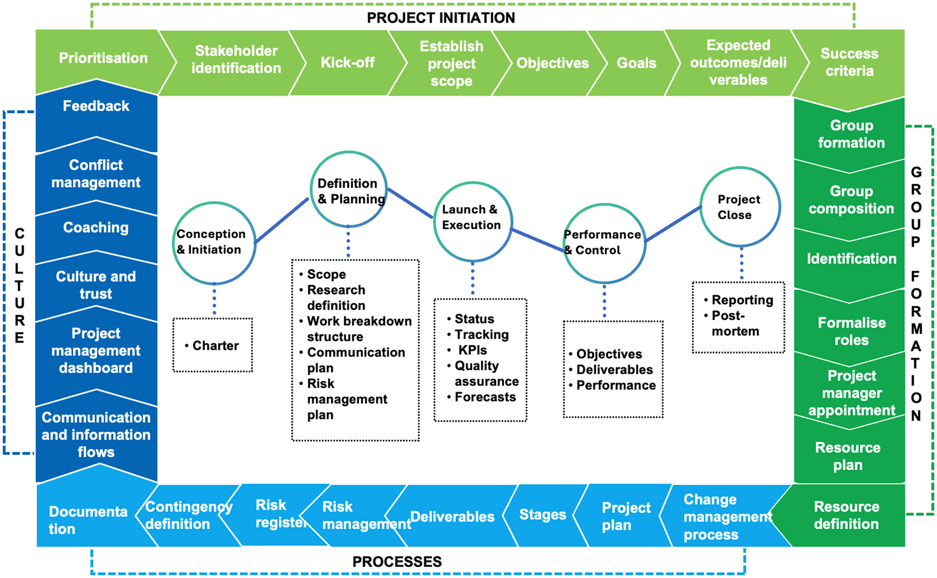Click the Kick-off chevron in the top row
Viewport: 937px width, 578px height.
(347, 63)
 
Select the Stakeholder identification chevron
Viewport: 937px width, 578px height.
(236, 60)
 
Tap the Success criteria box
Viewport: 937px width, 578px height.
(849, 62)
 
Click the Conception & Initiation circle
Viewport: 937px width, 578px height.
(214, 243)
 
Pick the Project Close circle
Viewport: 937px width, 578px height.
(740, 207)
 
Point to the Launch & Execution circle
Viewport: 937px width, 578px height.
(472, 221)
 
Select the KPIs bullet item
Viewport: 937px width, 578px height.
(472, 350)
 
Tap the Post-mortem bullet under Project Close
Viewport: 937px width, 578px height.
(734, 323)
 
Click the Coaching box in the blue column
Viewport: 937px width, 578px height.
(96, 228)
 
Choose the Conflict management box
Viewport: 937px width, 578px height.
(96, 174)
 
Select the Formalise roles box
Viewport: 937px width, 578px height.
(851, 331)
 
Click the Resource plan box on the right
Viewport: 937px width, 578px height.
(848, 456)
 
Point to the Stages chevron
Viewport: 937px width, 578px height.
(543, 515)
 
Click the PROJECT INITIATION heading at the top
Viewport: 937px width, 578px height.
(440, 18)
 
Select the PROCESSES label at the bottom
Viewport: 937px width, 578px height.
(397, 562)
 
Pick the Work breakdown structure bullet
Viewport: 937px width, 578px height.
(359, 329)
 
